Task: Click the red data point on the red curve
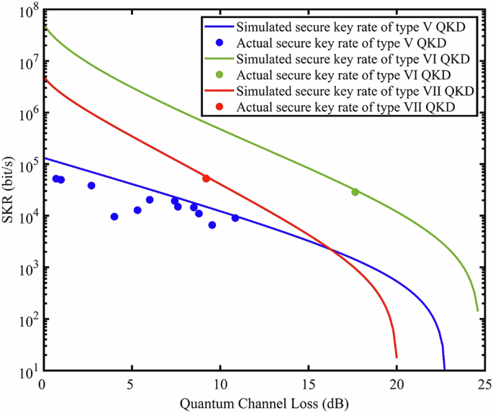tap(206, 178)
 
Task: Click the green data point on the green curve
tap(355, 191)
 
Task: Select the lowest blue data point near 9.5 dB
tap(212, 225)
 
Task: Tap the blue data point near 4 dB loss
tap(114, 217)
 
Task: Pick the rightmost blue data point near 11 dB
tap(235, 218)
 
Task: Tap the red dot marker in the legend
tap(222, 106)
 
